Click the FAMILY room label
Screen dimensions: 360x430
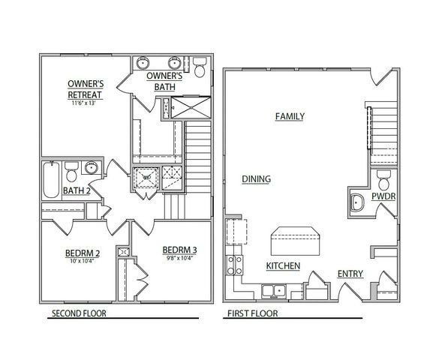[x=289, y=116]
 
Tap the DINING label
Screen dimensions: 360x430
[x=256, y=179]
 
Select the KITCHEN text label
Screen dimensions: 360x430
[x=283, y=266]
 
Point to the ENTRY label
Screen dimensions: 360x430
[x=350, y=274]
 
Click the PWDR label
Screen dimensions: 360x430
[x=383, y=197]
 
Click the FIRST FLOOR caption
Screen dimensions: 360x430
[x=252, y=314]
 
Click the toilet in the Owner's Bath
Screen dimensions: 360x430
[x=200, y=69]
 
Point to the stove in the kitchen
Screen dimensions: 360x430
[x=233, y=264]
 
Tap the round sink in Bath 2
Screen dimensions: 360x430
[x=92, y=168]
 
